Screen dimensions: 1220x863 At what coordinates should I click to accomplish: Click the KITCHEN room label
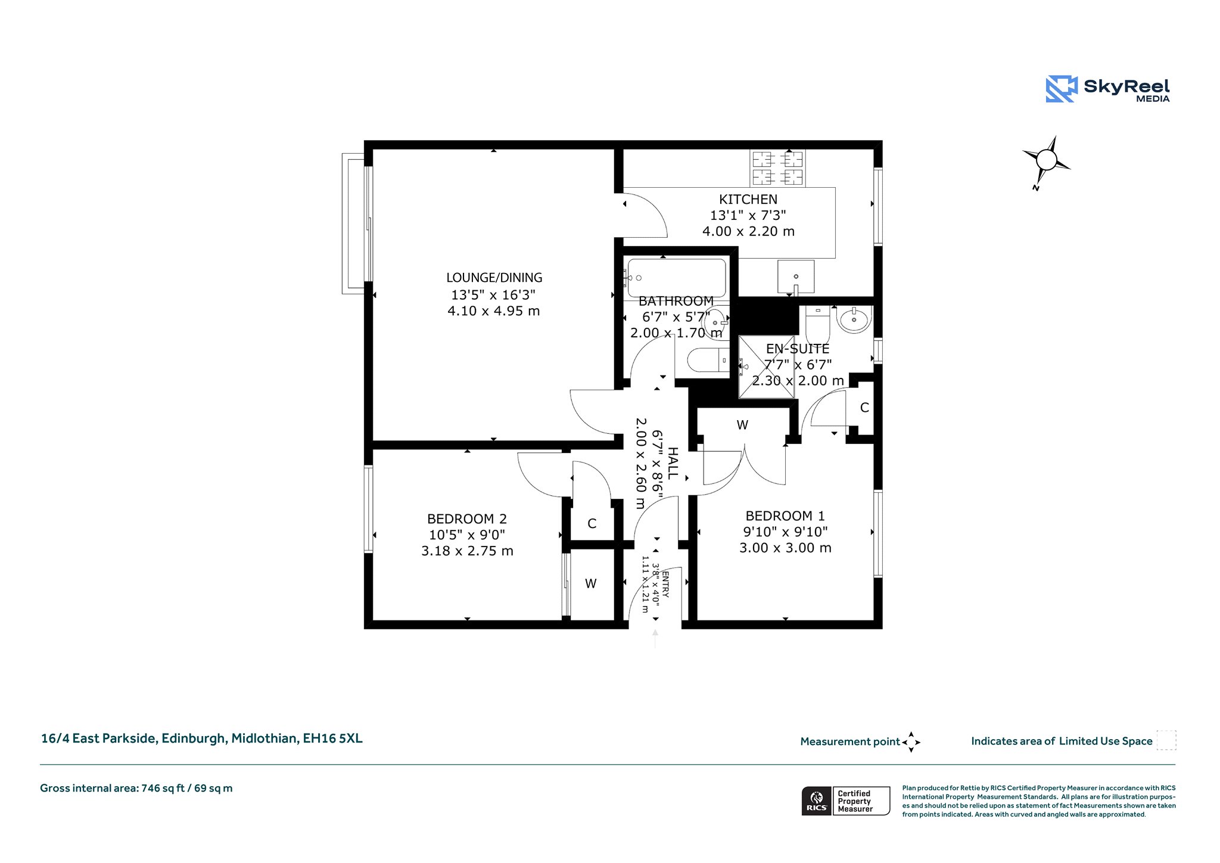(748, 199)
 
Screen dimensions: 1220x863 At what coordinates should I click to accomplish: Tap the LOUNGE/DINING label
(494, 278)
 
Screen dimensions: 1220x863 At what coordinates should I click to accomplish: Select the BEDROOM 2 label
(467, 519)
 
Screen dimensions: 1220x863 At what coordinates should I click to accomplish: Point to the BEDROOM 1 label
(785, 516)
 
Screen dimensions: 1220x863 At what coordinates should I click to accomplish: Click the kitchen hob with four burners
(777, 168)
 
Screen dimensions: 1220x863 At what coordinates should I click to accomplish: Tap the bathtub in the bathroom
(675, 278)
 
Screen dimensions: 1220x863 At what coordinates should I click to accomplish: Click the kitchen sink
(796, 277)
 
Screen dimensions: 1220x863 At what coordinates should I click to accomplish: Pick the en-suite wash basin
(854, 319)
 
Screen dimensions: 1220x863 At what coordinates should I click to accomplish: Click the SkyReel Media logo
(1108, 89)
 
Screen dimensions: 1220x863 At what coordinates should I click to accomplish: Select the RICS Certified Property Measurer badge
(846, 801)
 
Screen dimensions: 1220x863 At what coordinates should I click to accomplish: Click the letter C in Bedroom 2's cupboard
(592, 523)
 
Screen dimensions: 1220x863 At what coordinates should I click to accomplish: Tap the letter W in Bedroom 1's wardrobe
(742, 425)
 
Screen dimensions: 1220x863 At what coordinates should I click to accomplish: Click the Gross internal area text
(136, 788)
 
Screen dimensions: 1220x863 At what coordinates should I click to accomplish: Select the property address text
(201, 738)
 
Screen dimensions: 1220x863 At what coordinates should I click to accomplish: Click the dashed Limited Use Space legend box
(1166, 740)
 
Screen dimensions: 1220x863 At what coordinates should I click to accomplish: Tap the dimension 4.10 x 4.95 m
(494, 311)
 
